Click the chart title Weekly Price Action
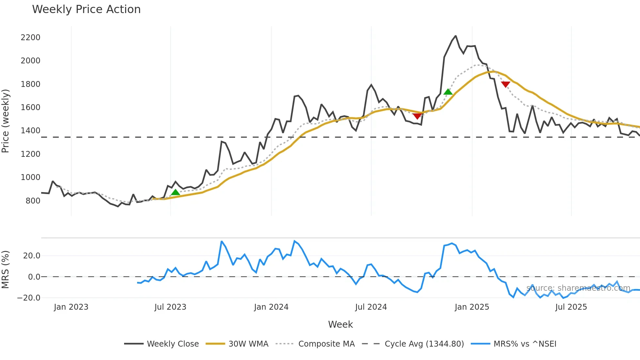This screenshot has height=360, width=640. click(x=86, y=9)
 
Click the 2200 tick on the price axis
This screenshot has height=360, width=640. click(x=30, y=38)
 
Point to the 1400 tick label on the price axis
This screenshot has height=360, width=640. click(x=30, y=131)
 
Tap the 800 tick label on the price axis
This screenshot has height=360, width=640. click(x=33, y=201)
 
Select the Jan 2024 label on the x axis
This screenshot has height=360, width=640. click(x=271, y=307)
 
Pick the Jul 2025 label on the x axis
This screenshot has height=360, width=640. click(x=571, y=307)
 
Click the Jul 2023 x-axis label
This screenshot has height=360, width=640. click(x=170, y=307)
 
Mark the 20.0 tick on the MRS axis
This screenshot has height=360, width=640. click(x=32, y=256)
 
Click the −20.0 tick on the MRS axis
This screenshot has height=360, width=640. click(x=29, y=298)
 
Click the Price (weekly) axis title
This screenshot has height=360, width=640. click(x=5, y=121)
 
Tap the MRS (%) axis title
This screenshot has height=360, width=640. click(x=5, y=270)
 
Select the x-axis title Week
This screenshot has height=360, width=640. click(x=340, y=324)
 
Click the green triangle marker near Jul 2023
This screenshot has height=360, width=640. click(x=175, y=192)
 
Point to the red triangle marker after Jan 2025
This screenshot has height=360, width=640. click(x=505, y=85)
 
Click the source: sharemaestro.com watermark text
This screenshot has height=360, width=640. click(x=578, y=288)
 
